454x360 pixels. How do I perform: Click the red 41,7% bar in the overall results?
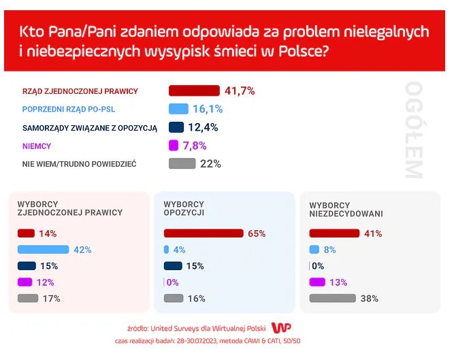tap(194, 91)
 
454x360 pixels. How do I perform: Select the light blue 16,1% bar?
tap(178, 109)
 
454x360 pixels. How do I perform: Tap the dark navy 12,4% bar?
tap(176, 127)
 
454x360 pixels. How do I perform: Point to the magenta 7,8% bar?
tap(173, 145)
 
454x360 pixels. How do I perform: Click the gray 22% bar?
tap(182, 163)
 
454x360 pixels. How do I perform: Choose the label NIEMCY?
tap(37, 146)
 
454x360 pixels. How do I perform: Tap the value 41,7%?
tap(240, 91)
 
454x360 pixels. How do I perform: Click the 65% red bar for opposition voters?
tap(204, 233)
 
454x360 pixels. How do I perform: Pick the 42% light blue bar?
tap(43, 250)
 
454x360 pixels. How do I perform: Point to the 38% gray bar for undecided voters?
tap(333, 298)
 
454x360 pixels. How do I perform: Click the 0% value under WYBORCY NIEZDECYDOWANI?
tap(318, 266)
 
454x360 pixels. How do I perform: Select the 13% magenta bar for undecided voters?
tap(317, 282)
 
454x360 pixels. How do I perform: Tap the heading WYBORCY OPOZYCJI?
tap(184, 208)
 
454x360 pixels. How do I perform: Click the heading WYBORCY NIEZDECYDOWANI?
tap(345, 209)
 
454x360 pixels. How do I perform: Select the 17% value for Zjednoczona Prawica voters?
tap(52, 298)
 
